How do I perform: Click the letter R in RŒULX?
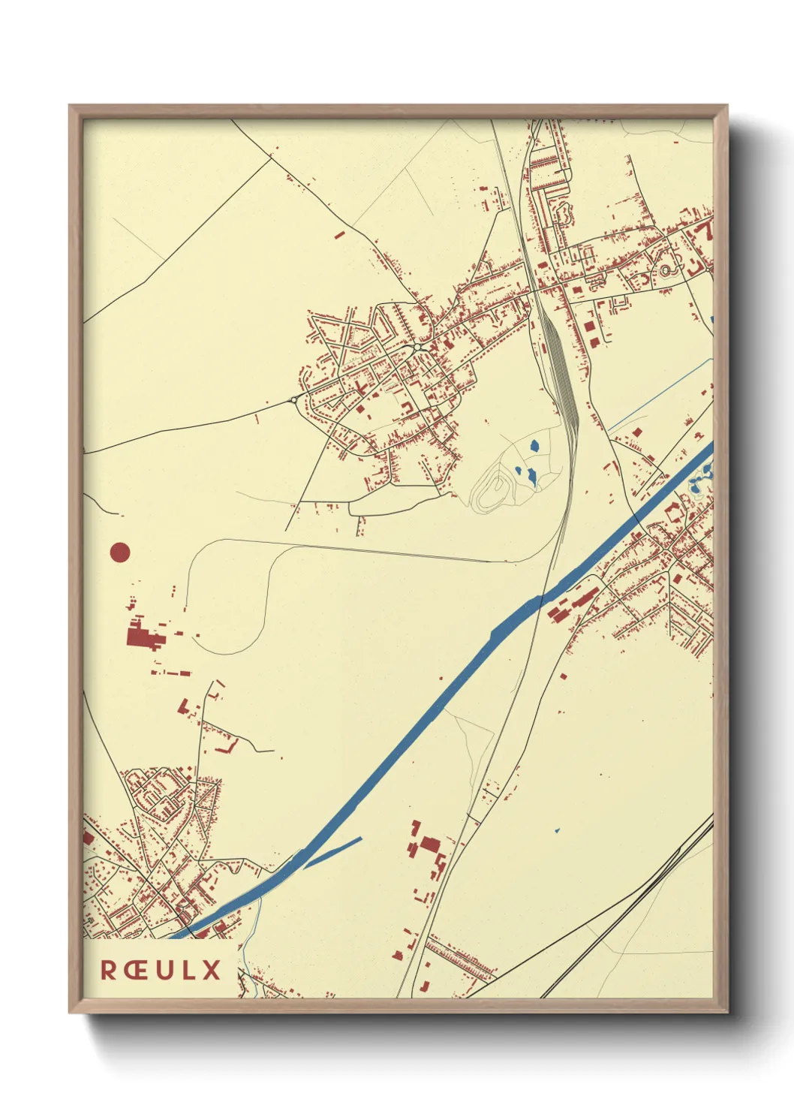coord(109,969)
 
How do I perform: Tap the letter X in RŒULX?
coord(211,969)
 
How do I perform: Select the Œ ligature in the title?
coord(137,969)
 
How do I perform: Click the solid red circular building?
coord(120,553)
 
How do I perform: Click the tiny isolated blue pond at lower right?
coord(557,830)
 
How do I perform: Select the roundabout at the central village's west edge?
coord(293,399)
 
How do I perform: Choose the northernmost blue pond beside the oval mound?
coord(534,446)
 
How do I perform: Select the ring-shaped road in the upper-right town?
coord(665,269)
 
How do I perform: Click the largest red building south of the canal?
coord(429,844)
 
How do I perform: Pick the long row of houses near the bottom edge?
coord(459,956)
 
